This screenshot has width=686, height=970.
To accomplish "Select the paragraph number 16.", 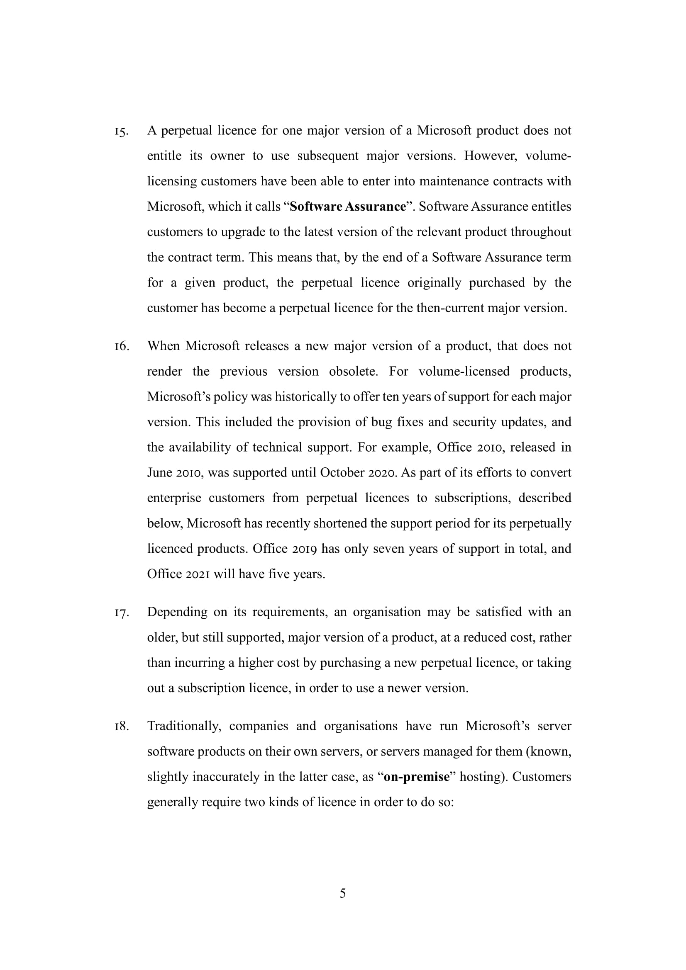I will [x=121, y=347].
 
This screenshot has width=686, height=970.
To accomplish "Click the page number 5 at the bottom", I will [x=343, y=894].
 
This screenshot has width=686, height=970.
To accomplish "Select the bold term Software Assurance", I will [x=348, y=207].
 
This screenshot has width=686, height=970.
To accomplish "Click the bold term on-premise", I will [x=416, y=777].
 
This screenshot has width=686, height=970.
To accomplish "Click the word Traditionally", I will [x=184, y=726].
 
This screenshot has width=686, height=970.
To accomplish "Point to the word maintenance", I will [x=454, y=181].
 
